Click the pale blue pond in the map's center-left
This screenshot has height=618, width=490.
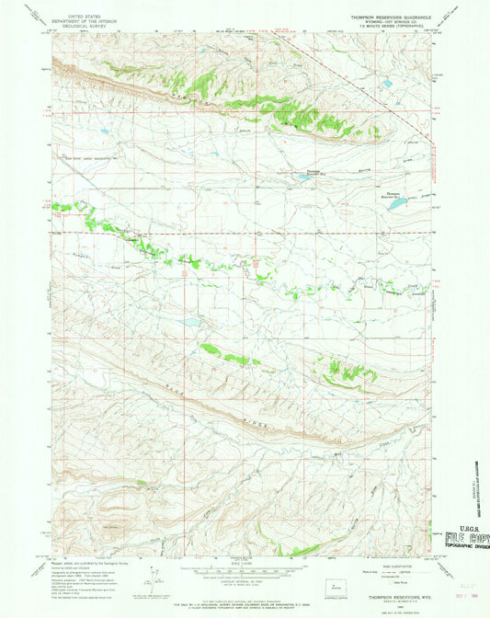tap(190, 324)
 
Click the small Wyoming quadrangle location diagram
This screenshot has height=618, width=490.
tap(332, 582)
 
